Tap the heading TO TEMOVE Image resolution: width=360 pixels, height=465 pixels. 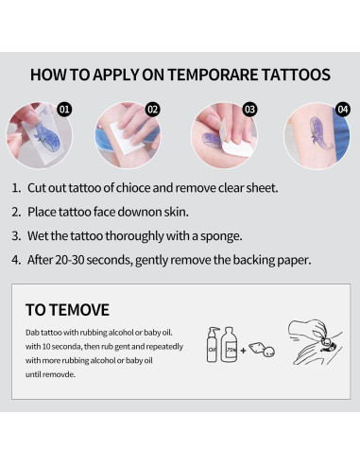(x=67, y=309)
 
